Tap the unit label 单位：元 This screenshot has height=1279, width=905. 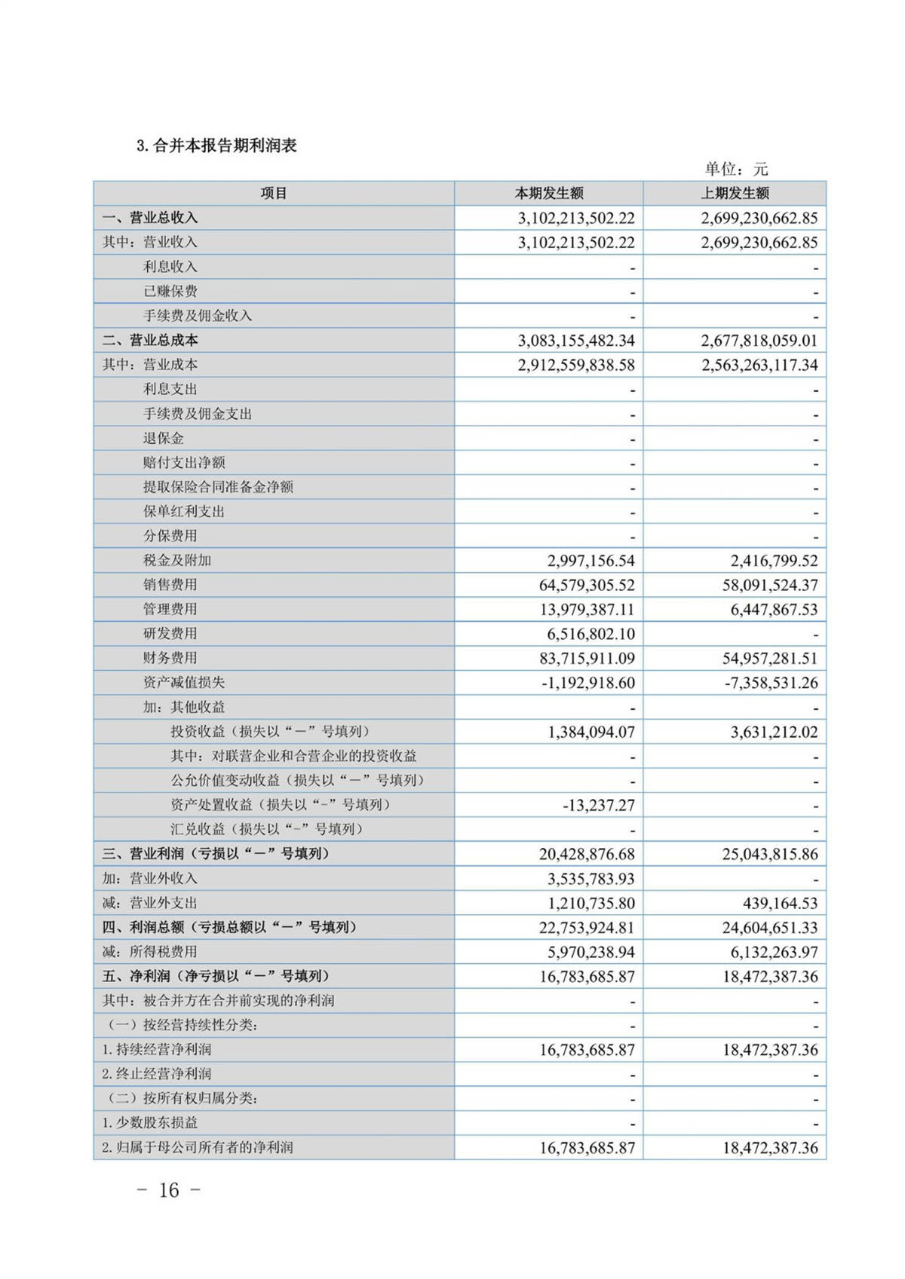735,169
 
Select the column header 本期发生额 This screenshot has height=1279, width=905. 548,194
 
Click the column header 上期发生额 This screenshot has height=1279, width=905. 735,194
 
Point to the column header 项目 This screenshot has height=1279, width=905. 274,194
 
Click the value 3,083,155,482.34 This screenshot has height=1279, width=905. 576,341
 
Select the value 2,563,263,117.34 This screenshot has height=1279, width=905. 759,366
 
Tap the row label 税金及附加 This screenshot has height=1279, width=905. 177,561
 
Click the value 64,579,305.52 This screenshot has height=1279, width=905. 587,585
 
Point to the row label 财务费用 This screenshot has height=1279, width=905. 170,658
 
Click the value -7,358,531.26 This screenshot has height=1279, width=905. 763,683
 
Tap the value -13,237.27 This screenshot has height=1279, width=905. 598,805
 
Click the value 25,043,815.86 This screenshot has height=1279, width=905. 769,854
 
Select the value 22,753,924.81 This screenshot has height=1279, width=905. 587,928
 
